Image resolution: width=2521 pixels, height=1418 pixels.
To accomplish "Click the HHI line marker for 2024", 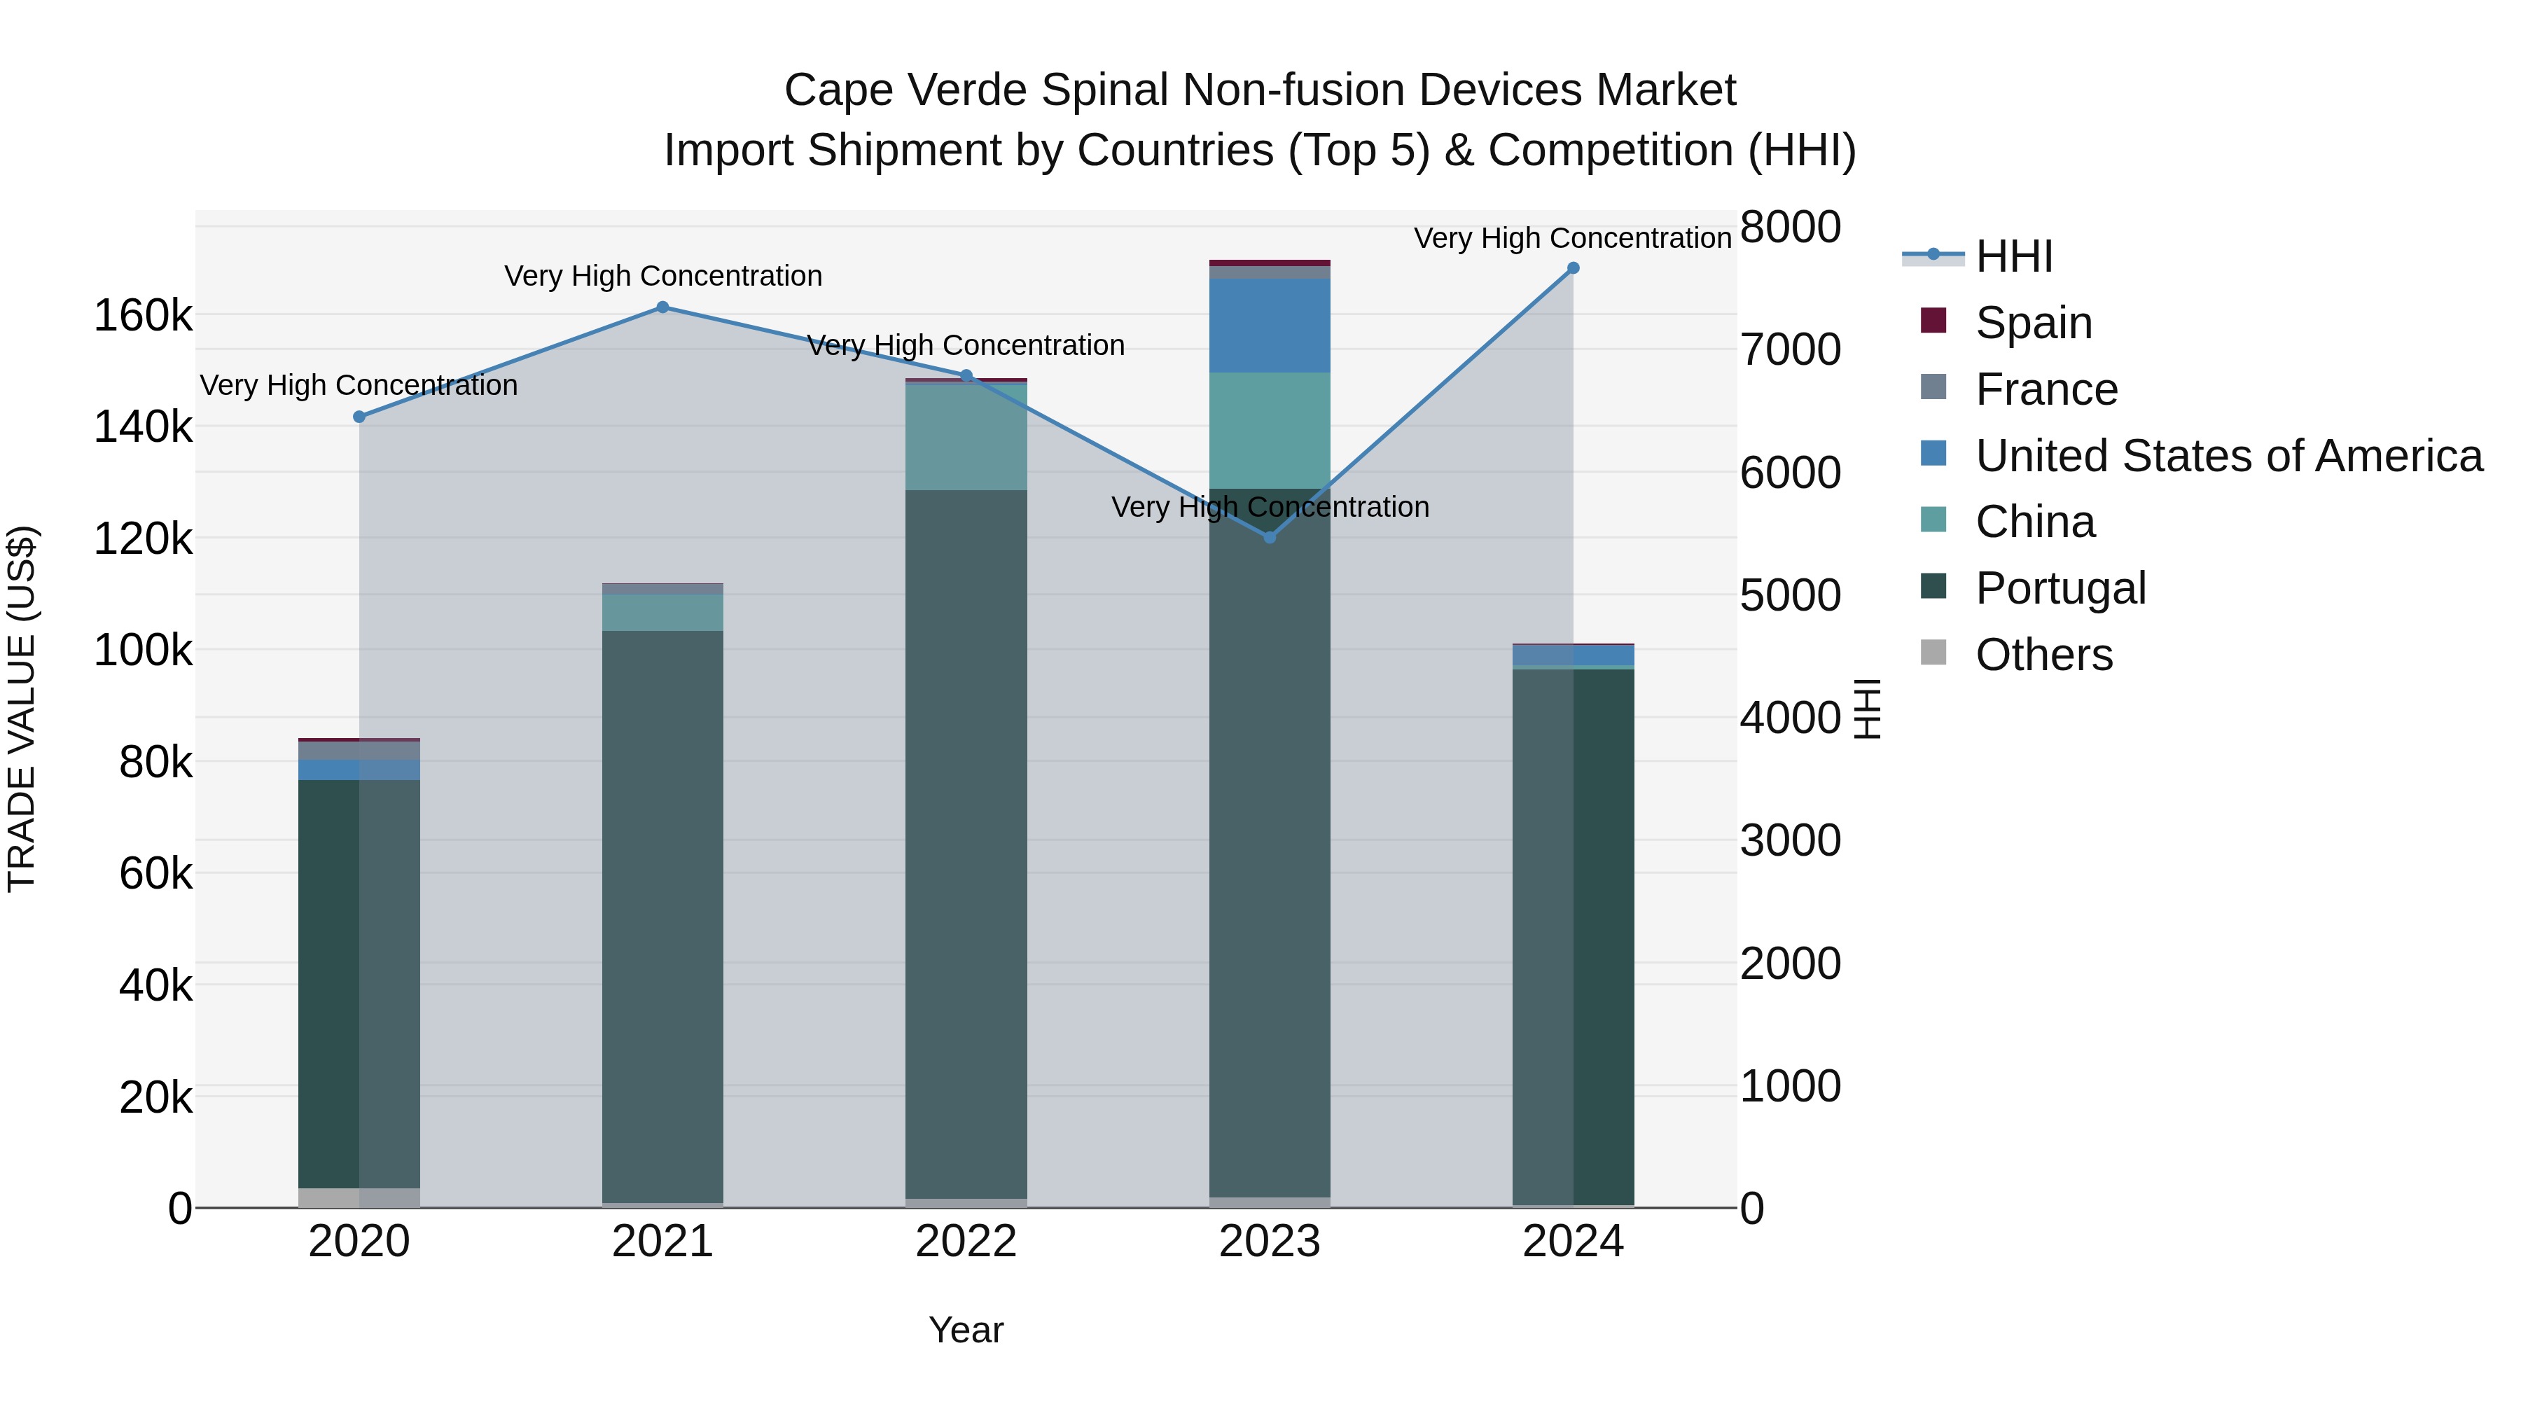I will click(x=1573, y=268).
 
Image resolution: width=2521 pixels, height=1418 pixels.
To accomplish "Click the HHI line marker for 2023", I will click(x=1270, y=537).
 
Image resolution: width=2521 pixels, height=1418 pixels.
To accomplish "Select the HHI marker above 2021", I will click(x=662, y=307).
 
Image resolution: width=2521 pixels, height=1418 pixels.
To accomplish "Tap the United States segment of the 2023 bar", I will click(x=1270, y=325).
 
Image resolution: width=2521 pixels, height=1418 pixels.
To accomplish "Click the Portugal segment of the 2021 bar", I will click(x=662, y=915).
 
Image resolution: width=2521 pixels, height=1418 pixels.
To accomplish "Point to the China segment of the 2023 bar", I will click(x=1270, y=431).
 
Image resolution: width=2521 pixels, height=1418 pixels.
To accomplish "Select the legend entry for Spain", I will click(x=2033, y=322).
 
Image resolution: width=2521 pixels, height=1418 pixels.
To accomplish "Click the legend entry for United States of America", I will click(x=2228, y=456).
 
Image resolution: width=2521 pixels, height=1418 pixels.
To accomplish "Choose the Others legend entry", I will click(x=2043, y=655).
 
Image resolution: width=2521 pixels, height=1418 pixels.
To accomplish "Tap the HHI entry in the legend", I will click(x=2013, y=256).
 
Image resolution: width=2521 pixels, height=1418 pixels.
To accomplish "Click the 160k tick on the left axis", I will click(x=143, y=316).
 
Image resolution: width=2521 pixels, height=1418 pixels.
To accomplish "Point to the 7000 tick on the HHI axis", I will click(x=1790, y=349).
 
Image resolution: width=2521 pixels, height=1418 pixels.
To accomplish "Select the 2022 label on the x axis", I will click(x=966, y=1242).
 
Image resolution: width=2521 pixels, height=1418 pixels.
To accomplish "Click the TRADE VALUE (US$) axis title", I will click(x=22, y=709).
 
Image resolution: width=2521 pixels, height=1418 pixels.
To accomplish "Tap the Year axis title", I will click(x=966, y=1330).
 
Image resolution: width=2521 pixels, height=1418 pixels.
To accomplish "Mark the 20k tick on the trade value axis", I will click(x=155, y=1098).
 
